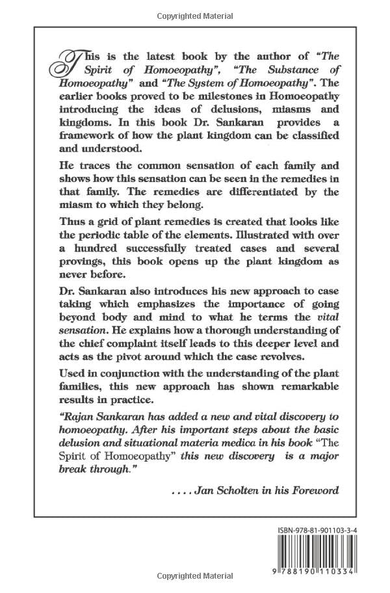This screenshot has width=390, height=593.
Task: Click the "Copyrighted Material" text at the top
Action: click(x=195, y=12)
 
